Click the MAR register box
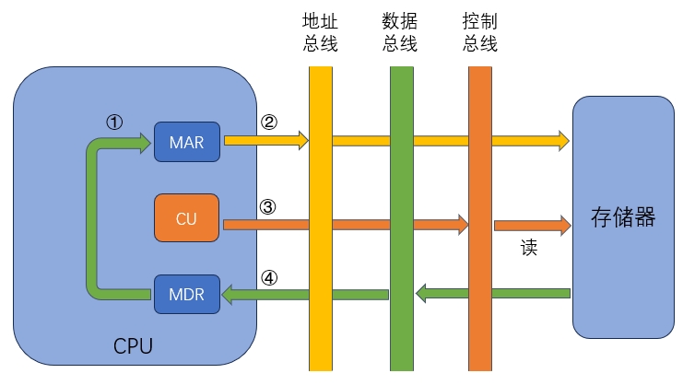pyautogui.click(x=187, y=141)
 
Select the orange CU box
pyautogui.click(x=187, y=219)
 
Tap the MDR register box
pyautogui.click(x=187, y=294)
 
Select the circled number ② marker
pyautogui.click(x=268, y=122)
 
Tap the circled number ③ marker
pyautogui.click(x=268, y=206)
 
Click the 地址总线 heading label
pyautogui.click(x=320, y=32)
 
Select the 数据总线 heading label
pyautogui.click(x=400, y=32)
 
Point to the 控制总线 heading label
pyautogui.click(x=479, y=32)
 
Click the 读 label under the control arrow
pyautogui.click(x=528, y=249)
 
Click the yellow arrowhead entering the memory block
pyautogui.click(x=563, y=141)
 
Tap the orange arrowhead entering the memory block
pyautogui.click(x=563, y=224)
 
